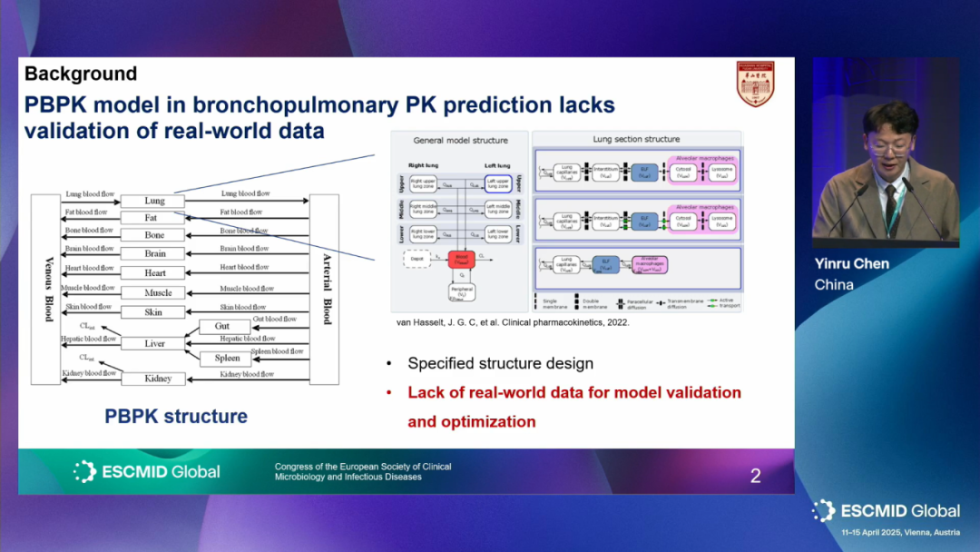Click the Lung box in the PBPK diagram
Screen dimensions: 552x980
coord(154,201)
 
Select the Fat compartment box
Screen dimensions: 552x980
coord(152,218)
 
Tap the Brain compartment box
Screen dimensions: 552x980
coord(154,254)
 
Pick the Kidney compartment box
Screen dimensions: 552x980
coord(158,379)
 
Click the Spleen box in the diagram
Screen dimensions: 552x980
coord(227,358)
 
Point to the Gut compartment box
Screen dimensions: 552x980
coord(221,326)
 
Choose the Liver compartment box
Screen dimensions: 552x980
coord(154,344)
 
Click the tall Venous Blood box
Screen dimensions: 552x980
coord(49,289)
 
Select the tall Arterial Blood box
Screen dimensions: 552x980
coord(324,289)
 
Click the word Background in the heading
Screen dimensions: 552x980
coord(81,74)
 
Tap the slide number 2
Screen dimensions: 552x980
coord(755,476)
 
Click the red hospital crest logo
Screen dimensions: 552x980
coord(755,84)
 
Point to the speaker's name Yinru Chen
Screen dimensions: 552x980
coord(851,264)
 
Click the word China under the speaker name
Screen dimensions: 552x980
coord(834,284)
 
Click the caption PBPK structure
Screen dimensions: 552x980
coord(176,417)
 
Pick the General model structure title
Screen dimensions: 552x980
coord(460,140)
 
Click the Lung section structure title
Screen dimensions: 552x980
coord(636,139)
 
